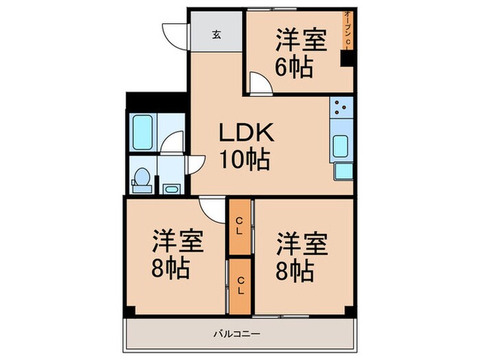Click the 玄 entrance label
pos(215,34)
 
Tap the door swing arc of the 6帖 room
pos(259,83)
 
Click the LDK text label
pos(246,132)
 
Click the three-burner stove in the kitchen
pos(341,108)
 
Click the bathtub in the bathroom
pos(143,132)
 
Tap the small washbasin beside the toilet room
pos(170,188)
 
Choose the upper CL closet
pos(239,226)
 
